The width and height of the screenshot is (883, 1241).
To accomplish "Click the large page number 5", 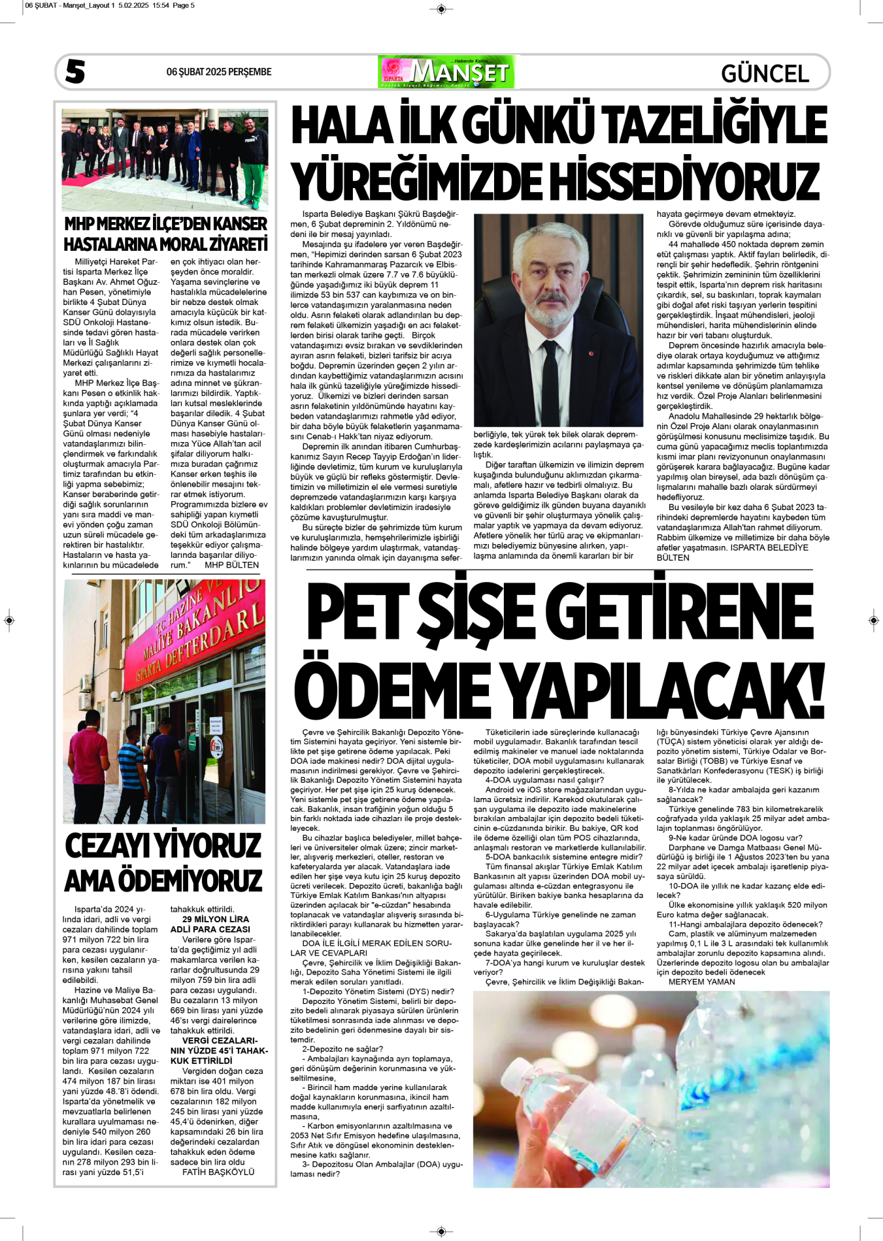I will point(75,71).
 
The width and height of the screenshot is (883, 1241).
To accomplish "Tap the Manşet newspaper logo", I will point(446,72).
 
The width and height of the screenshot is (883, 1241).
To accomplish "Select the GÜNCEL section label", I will point(765,73).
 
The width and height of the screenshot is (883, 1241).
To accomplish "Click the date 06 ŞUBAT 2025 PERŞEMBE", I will point(218,72).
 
